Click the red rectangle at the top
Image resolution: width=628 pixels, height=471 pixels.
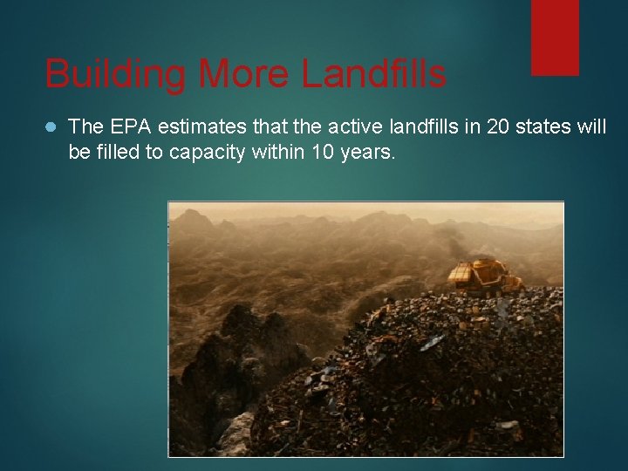point(556,37)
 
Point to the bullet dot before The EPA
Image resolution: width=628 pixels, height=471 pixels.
point(50,127)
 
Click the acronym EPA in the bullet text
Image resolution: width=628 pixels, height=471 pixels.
point(126,127)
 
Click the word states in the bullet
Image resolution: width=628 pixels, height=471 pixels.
point(545,127)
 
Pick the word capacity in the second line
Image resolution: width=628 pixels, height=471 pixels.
point(203,153)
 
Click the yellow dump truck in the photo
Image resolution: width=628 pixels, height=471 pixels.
point(481,276)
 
